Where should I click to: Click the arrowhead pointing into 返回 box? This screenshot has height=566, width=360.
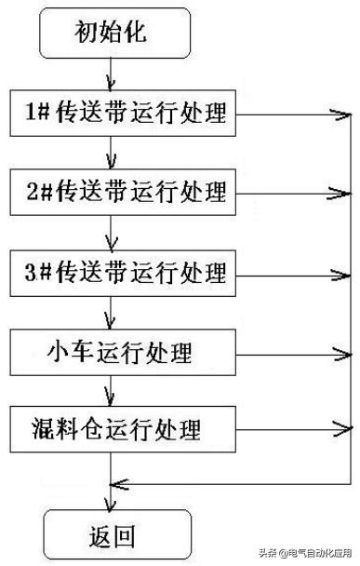coord(112,505)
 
